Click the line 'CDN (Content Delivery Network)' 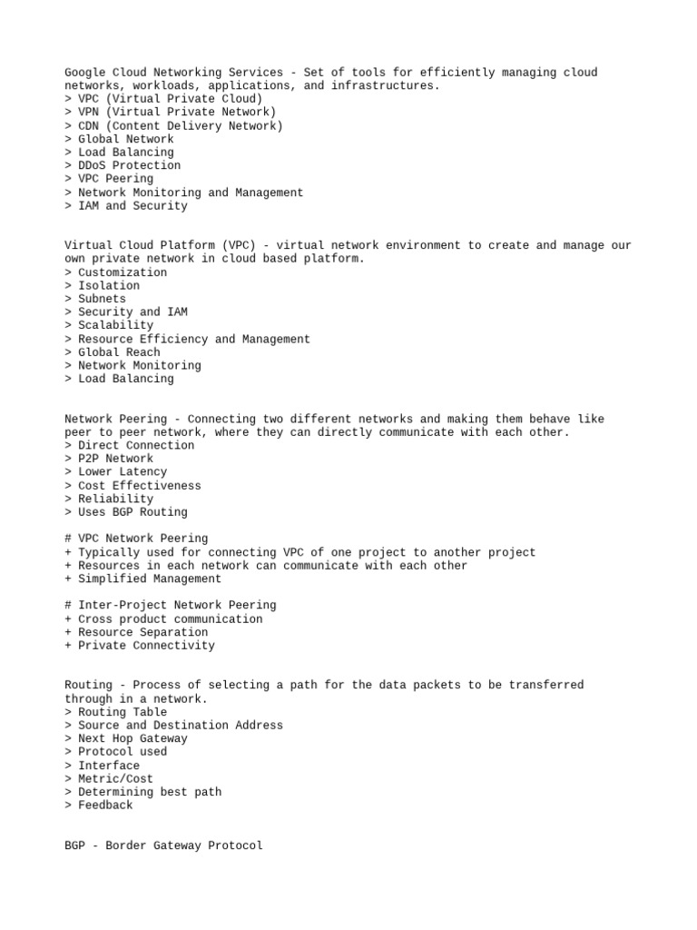click(180, 126)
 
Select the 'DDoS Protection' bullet click(129, 166)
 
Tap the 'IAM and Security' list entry click(133, 206)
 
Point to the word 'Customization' click(123, 272)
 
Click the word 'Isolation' click(109, 286)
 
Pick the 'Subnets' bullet click(102, 299)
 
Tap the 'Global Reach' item click(119, 352)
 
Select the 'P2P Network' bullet click(115, 459)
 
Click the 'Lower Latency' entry click(123, 472)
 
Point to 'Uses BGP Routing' click(133, 512)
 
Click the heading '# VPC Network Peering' click(136, 539)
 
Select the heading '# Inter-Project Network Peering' click(171, 605)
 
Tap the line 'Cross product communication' click(170, 619)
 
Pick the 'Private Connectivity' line click(146, 646)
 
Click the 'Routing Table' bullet click(123, 712)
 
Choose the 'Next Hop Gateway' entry click(133, 738)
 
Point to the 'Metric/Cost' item click(115, 779)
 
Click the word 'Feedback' click(105, 806)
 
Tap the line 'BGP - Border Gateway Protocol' click(163, 846)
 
